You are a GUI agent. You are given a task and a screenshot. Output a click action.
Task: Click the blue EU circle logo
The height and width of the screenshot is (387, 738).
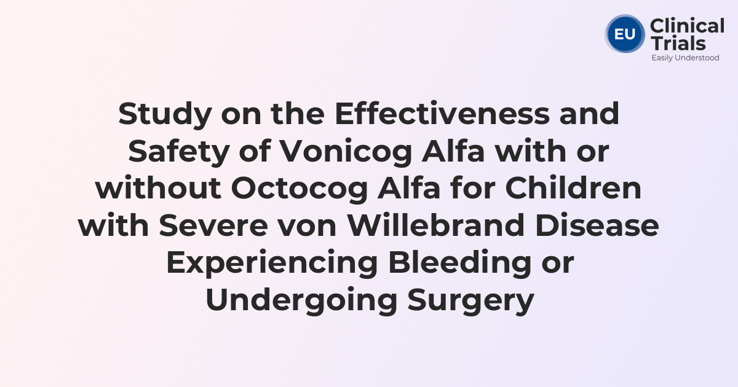tap(625, 33)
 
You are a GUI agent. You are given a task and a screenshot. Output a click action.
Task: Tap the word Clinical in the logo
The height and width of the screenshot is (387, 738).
tap(687, 26)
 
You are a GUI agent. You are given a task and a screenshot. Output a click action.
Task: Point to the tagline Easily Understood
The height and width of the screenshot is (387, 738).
tap(685, 58)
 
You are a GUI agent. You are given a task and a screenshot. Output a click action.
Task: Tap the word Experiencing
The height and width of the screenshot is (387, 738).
tap(271, 264)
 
